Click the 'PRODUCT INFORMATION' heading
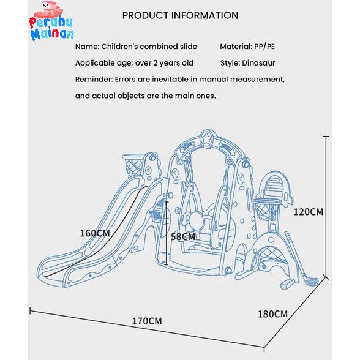180,16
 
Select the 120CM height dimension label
309,212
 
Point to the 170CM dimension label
147,321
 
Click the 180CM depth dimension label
273,314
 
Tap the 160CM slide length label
95,233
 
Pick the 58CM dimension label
183,237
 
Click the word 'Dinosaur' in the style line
258,63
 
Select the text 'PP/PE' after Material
264,47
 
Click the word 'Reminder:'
94,80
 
